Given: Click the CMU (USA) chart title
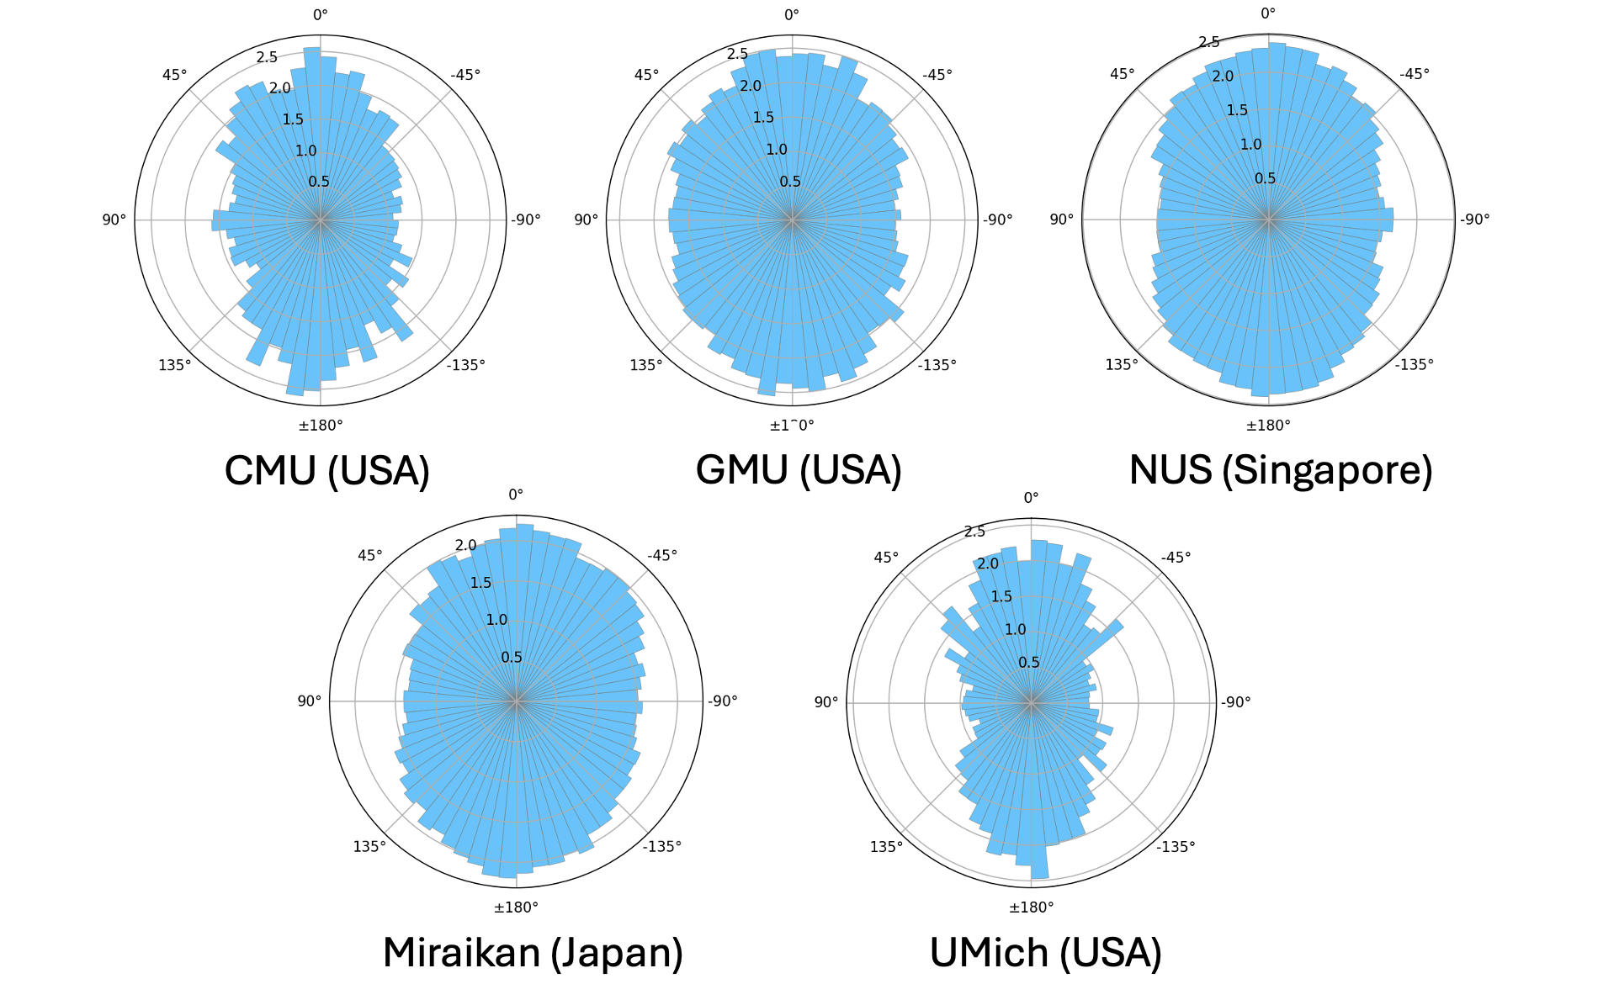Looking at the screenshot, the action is click(x=327, y=470).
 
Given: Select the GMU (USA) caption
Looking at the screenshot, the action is click(x=799, y=470).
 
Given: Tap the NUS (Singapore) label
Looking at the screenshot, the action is click(x=1281, y=470).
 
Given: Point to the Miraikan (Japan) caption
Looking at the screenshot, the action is click(x=533, y=953).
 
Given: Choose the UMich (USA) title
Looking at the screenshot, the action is click(x=1046, y=953).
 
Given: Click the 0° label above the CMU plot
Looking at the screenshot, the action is click(x=321, y=14).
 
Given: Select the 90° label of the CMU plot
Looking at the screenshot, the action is click(x=114, y=220).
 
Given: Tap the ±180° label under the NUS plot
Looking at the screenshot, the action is click(x=1268, y=425).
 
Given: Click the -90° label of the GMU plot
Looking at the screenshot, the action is click(x=998, y=220).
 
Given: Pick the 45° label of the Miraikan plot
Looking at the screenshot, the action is click(x=369, y=555).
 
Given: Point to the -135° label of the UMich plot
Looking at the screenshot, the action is click(x=1176, y=846).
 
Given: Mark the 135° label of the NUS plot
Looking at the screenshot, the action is click(x=1122, y=364).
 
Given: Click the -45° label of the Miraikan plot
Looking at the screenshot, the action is click(x=662, y=555).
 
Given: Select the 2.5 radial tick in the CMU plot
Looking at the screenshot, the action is click(x=267, y=57).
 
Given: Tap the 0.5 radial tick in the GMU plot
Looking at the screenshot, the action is click(x=790, y=182).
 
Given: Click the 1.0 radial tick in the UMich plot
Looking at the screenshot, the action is click(x=1016, y=629).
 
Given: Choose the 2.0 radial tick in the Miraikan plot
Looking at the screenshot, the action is click(x=466, y=545).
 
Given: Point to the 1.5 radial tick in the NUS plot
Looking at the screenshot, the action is click(x=1237, y=110).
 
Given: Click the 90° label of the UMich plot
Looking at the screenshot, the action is click(x=825, y=701).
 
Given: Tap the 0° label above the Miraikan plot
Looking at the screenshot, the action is click(x=516, y=495).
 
